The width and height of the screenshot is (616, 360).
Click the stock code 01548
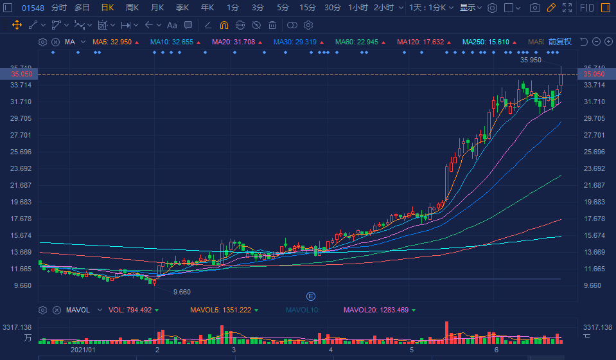(33, 8)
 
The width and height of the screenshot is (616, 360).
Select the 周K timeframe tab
(132, 8)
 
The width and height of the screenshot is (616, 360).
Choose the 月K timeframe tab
(157, 8)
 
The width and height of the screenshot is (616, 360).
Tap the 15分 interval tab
(308, 8)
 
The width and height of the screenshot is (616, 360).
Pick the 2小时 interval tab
(383, 8)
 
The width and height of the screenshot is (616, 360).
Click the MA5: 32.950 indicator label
(112, 42)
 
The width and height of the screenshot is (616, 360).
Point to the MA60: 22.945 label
(358, 42)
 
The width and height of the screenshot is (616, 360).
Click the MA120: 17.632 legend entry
(420, 42)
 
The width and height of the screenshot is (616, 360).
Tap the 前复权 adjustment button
(559, 42)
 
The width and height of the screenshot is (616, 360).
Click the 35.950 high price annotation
(531, 60)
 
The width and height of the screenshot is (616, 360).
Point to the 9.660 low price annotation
(182, 291)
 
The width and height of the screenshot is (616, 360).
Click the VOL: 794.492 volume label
(130, 310)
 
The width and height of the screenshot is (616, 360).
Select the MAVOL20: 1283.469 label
(375, 310)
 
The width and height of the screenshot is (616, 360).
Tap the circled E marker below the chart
(311, 296)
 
